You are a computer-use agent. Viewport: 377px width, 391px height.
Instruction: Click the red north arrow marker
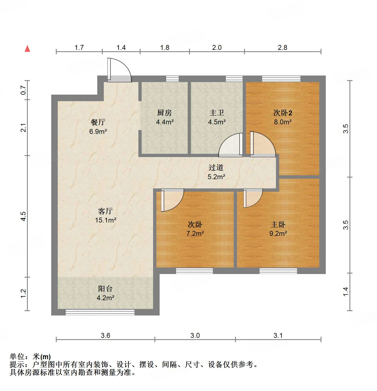pos(27,49)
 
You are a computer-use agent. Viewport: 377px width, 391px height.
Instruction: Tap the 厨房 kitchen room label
pos(165,113)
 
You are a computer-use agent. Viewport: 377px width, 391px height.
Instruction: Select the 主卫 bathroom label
pos(217,113)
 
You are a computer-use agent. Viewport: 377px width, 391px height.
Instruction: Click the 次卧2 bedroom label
pos(283,113)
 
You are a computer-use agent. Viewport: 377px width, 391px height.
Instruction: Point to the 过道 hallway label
pos(216,167)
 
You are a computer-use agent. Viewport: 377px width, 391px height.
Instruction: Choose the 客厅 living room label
pos(105,211)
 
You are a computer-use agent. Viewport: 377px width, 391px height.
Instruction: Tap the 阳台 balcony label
pos(105,288)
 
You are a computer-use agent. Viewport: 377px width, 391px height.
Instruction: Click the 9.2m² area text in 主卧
pos(278,233)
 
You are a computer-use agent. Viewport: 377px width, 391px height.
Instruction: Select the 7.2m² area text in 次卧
pos(195,233)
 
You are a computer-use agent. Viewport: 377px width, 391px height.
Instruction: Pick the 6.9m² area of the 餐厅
pos(98,131)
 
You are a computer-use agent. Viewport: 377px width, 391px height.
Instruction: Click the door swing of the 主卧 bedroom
pos(253,198)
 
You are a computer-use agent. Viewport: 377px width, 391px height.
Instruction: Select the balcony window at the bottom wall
pos(100,312)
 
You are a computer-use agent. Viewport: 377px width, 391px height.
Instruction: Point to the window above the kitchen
pos(172,79)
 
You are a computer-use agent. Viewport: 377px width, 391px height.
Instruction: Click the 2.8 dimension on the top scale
pos(282,47)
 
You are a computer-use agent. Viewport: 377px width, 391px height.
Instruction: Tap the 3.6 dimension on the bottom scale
pos(105,335)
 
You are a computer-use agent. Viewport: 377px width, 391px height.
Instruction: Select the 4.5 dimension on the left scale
pos(23,216)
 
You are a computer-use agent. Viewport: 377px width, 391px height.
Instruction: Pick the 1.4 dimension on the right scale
pos(345,291)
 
